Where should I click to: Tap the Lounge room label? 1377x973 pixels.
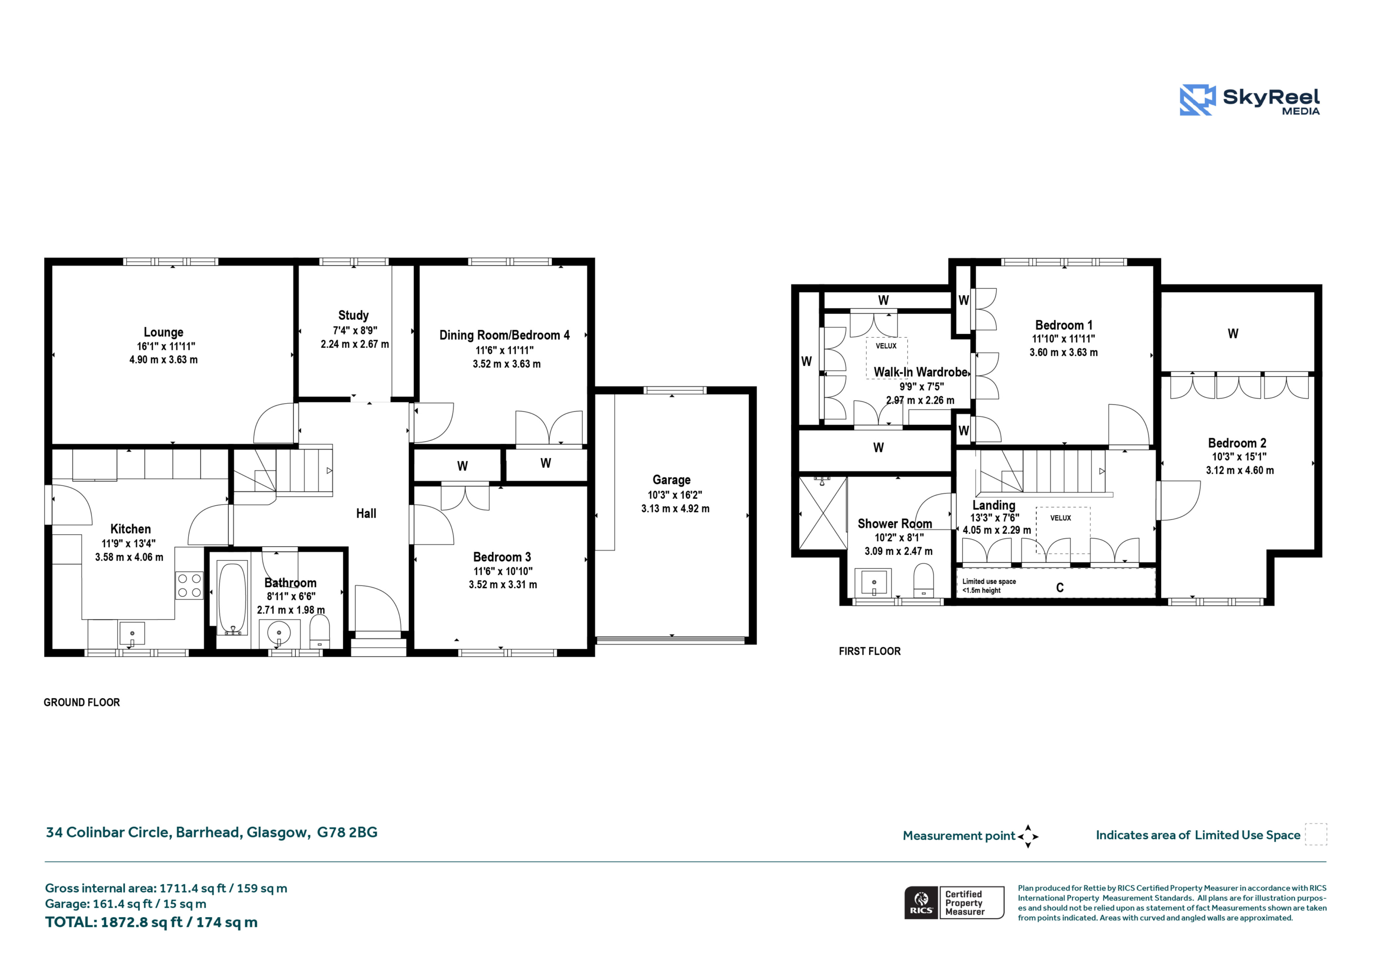(x=163, y=332)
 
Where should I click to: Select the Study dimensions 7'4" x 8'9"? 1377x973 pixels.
(x=355, y=330)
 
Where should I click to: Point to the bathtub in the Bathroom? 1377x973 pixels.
(x=231, y=598)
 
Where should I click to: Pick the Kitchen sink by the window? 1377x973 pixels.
(x=132, y=634)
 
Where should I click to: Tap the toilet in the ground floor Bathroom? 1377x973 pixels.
(x=320, y=632)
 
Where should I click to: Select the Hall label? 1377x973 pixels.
(x=366, y=513)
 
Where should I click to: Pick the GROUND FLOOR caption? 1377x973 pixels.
(x=82, y=703)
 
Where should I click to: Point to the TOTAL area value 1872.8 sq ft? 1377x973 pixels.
(x=141, y=922)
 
